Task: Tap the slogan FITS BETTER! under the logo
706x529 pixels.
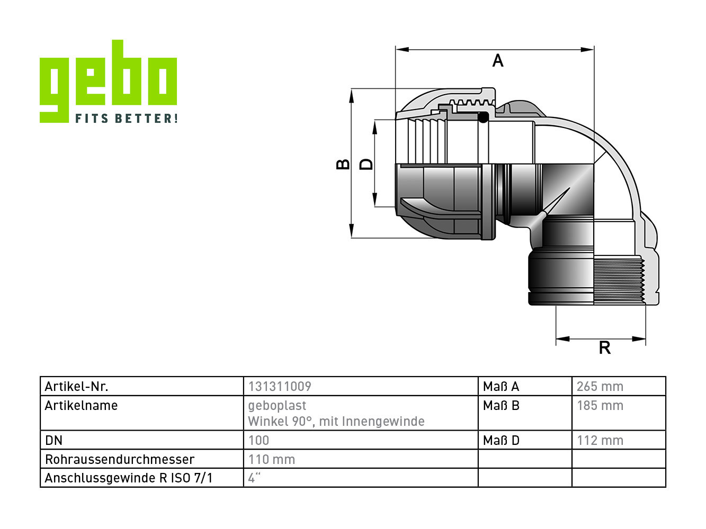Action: pyautogui.click(x=126, y=118)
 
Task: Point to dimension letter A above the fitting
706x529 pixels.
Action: pyautogui.click(x=497, y=60)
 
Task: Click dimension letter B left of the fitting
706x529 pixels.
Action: pyautogui.click(x=343, y=164)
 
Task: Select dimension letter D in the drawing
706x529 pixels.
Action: pyautogui.click(x=366, y=164)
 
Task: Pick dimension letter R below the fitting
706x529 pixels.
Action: pyautogui.click(x=605, y=348)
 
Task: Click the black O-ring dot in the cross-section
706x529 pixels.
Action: pyautogui.click(x=483, y=117)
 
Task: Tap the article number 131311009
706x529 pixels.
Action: pyautogui.click(x=280, y=386)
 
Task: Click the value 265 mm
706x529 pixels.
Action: pyautogui.click(x=600, y=386)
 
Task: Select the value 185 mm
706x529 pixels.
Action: pyautogui.click(x=600, y=405)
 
